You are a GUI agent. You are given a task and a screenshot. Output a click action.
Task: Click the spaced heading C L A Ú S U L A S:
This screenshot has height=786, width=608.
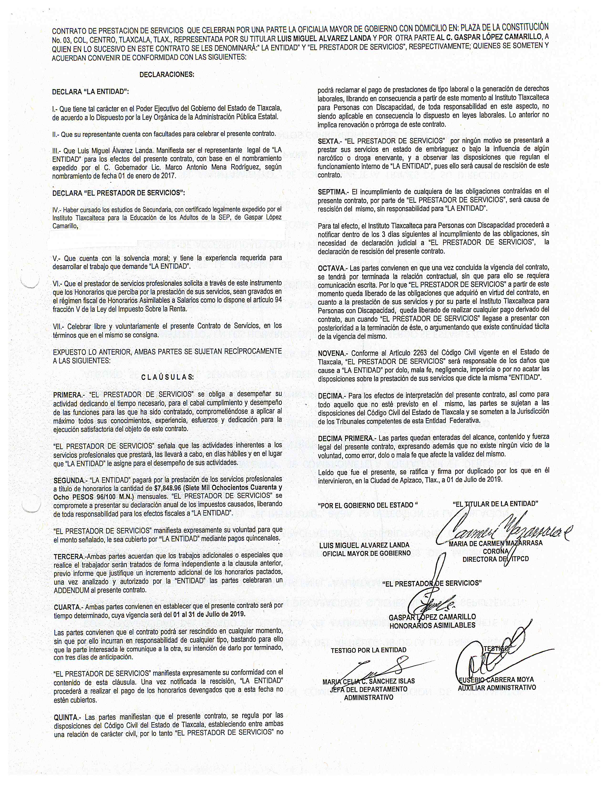coord(167,377)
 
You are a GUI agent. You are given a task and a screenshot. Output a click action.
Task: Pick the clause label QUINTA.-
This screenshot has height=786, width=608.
coord(67,715)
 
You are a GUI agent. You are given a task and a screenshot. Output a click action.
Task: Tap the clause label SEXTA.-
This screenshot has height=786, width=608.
coord(329,141)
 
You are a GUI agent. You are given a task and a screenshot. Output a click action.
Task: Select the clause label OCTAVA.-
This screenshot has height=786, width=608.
coord(331,268)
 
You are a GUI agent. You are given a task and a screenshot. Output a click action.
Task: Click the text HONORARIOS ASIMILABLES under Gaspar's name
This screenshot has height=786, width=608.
coord(432,625)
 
